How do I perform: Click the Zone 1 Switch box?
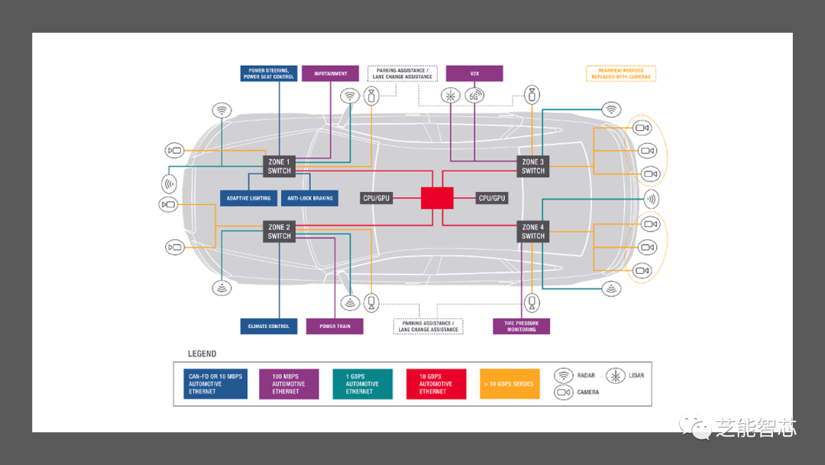279,166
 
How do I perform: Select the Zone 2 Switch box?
279,232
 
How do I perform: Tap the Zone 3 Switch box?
532,166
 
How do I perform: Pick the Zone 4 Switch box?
532,232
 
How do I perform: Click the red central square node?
437,198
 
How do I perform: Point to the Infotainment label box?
330,73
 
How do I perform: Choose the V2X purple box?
474,73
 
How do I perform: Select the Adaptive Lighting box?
249,198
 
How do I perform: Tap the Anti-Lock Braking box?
310,198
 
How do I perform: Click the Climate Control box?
268,327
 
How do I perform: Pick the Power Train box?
335,327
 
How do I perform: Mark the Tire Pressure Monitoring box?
521,327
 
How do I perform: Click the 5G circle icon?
474,96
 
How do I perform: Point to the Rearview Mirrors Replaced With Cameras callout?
620,73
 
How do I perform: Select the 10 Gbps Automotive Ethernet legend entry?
436,384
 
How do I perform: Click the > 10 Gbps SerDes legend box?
510,384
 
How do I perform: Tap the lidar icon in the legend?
616,376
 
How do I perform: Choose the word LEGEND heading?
202,354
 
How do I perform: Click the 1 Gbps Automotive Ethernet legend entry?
362,384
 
